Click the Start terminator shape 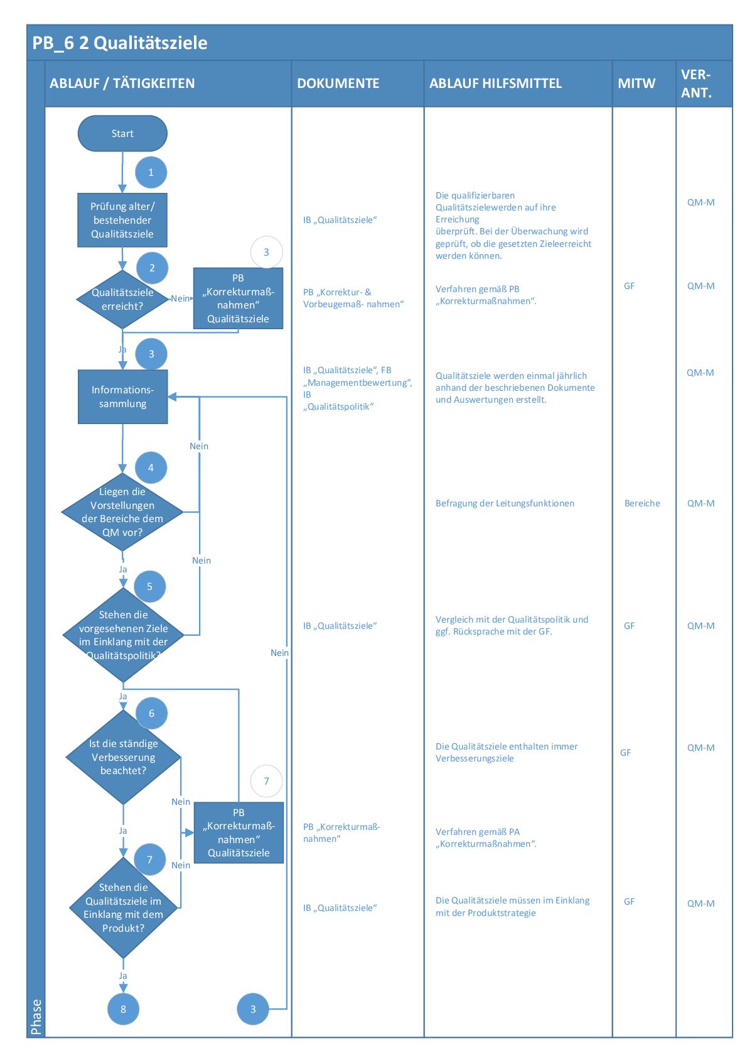click(122, 133)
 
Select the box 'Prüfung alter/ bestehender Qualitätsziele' click(122, 220)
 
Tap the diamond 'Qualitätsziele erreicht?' click(122, 299)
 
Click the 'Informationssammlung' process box click(122, 396)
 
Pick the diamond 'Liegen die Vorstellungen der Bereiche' click(122, 512)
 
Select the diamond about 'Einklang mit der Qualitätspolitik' click(124, 635)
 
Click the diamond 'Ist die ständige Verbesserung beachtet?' click(123, 756)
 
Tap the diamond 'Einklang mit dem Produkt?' click(124, 907)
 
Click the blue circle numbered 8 click(123, 1009)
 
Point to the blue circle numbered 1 click(151, 173)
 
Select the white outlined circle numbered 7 click(266, 781)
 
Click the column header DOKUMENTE click(338, 84)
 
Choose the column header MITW click(637, 84)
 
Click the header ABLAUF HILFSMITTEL click(495, 84)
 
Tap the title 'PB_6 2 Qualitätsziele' click(120, 43)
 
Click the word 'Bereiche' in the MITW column click(642, 503)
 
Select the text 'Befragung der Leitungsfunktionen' click(505, 503)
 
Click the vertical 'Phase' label click(36, 1017)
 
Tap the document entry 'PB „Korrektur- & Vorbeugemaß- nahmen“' click(353, 298)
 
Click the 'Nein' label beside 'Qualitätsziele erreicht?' click(180, 298)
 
